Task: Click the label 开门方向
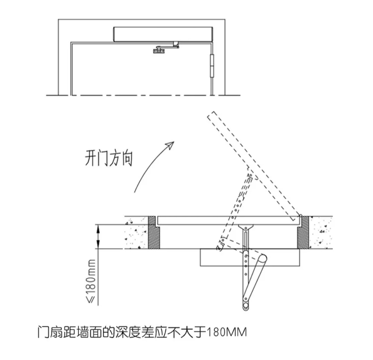tap(109, 158)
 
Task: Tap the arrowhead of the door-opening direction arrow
tap(170, 145)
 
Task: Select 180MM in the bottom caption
tap(227, 332)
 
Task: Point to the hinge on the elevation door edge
tap(212, 66)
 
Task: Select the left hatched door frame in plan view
tap(154, 233)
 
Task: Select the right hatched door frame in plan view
tap(303, 233)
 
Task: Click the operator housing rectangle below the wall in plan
tap(250, 257)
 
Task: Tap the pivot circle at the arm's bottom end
tap(245, 306)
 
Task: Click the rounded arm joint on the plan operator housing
tap(262, 259)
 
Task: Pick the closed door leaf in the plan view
tap(228, 220)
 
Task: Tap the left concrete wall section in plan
tap(136, 233)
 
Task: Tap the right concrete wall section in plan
tap(321, 233)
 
